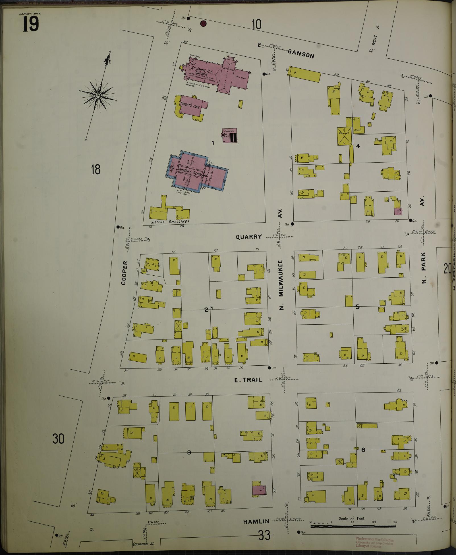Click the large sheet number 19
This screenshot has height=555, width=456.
pyautogui.click(x=30, y=24)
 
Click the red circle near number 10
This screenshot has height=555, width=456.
pyautogui.click(x=203, y=24)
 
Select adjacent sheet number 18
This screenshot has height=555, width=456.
pyautogui.click(x=96, y=170)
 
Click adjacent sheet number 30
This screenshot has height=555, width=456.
pyautogui.click(x=58, y=439)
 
